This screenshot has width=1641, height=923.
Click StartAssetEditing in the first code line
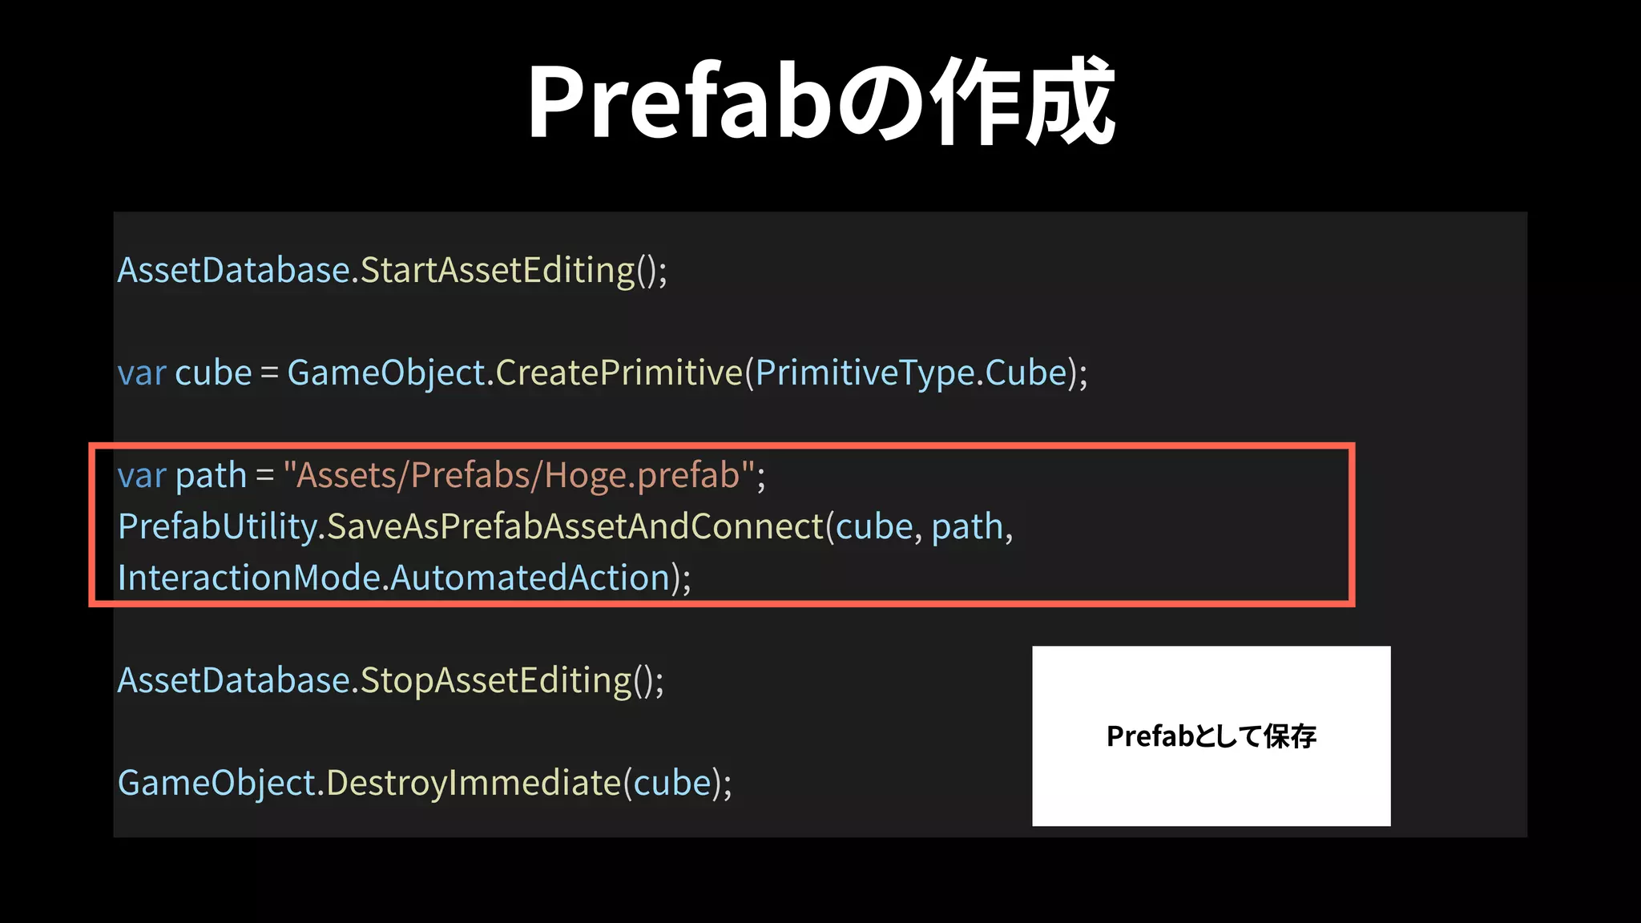pos(498,271)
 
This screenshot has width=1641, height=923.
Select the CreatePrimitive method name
pos(619,373)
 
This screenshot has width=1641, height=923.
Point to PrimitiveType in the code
pos(865,373)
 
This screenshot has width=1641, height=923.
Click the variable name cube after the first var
pos(213,373)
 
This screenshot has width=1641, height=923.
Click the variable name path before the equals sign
pos(211,476)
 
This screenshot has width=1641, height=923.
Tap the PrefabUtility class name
pos(218,527)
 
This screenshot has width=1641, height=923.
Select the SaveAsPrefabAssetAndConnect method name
pos(575,527)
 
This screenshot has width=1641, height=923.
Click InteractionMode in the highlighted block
pos(249,578)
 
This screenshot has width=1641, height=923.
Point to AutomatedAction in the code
pos(530,578)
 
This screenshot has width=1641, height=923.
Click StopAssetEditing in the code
pos(496,681)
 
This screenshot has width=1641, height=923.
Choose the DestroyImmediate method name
pos(474,784)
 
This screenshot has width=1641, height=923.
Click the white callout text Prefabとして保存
pos(1211,736)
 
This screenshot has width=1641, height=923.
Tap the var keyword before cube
pos(142,373)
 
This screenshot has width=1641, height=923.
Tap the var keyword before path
pos(142,476)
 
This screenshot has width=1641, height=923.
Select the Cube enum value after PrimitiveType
pos(1026,373)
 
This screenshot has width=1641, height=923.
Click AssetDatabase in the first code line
pos(234,271)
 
